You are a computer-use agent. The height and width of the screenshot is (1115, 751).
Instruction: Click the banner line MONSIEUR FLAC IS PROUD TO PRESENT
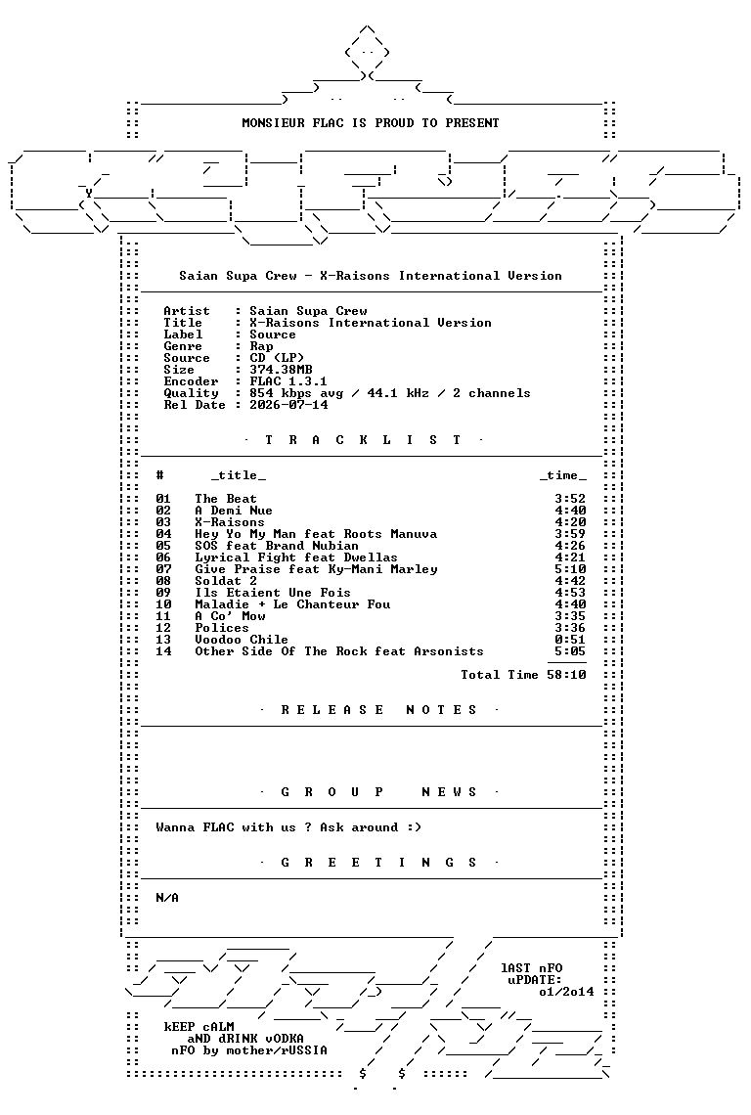[371, 123]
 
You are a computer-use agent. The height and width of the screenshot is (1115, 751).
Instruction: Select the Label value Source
[273, 334]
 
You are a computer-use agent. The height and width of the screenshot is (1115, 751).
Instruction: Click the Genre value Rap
[261, 346]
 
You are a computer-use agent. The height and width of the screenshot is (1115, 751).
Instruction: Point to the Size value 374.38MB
[281, 370]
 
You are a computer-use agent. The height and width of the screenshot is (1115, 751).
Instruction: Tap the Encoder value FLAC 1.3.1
[288, 381]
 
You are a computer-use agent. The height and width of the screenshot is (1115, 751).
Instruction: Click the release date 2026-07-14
[288, 405]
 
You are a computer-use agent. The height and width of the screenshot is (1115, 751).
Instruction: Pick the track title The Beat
[226, 499]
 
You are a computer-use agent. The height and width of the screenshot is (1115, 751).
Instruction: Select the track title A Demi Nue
[234, 511]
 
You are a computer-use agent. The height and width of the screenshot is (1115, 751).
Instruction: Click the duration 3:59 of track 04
[570, 534]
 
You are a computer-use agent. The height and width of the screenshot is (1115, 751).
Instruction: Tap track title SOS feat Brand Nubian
[277, 546]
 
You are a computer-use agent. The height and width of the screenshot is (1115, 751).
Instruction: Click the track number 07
[163, 569]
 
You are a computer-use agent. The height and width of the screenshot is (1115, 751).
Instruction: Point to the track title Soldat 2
[226, 581]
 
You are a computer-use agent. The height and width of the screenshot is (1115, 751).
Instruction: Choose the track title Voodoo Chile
[242, 640]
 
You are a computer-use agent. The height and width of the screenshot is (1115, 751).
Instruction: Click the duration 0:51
[570, 640]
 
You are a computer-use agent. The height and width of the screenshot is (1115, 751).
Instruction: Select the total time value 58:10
[567, 675]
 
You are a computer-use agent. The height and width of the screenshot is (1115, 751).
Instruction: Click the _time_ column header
[563, 475]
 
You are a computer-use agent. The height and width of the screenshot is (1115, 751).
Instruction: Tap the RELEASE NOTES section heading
[378, 710]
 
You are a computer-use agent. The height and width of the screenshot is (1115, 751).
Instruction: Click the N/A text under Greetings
[167, 898]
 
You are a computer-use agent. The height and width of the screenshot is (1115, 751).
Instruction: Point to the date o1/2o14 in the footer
[566, 991]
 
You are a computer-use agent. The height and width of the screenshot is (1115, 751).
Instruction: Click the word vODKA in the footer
[284, 1038]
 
